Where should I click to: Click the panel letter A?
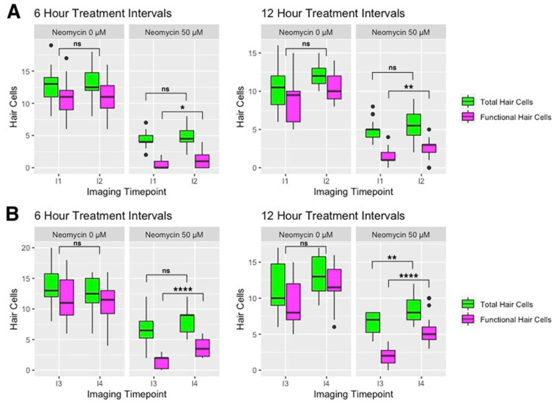pyautogui.click(x=14, y=12)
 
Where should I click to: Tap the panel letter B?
pyautogui.click(x=13, y=214)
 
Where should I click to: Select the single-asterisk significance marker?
pyautogui.click(x=182, y=107)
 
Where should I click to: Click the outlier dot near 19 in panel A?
pyautogui.click(x=51, y=45)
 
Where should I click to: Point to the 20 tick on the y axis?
pyautogui.click(x=26, y=247)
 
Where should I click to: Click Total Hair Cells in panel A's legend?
pyautogui.click(x=506, y=102)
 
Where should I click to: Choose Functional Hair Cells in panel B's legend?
pyautogui.click(x=516, y=319)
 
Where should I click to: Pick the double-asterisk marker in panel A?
pyautogui.click(x=408, y=87)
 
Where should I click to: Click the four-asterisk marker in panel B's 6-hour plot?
pyautogui.click(x=183, y=289)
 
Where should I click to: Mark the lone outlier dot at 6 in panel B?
pyautogui.click(x=334, y=327)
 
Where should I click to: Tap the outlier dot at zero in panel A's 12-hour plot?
pyautogui.click(x=429, y=168)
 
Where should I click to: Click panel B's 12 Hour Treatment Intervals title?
pyautogui.click(x=333, y=216)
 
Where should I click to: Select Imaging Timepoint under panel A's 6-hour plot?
pyautogui.click(x=126, y=192)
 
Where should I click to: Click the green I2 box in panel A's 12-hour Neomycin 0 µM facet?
pyautogui.click(x=318, y=76)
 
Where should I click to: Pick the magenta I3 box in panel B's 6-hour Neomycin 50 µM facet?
pyautogui.click(x=162, y=363)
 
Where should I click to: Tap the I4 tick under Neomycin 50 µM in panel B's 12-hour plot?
pyautogui.click(x=421, y=384)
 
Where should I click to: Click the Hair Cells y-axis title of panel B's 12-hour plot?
pyautogui.click(x=240, y=309)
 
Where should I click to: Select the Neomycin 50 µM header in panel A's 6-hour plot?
pyautogui.click(x=174, y=32)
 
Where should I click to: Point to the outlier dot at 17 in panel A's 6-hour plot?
pyautogui.click(x=66, y=58)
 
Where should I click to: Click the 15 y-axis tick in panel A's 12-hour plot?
pyautogui.click(x=252, y=53)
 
